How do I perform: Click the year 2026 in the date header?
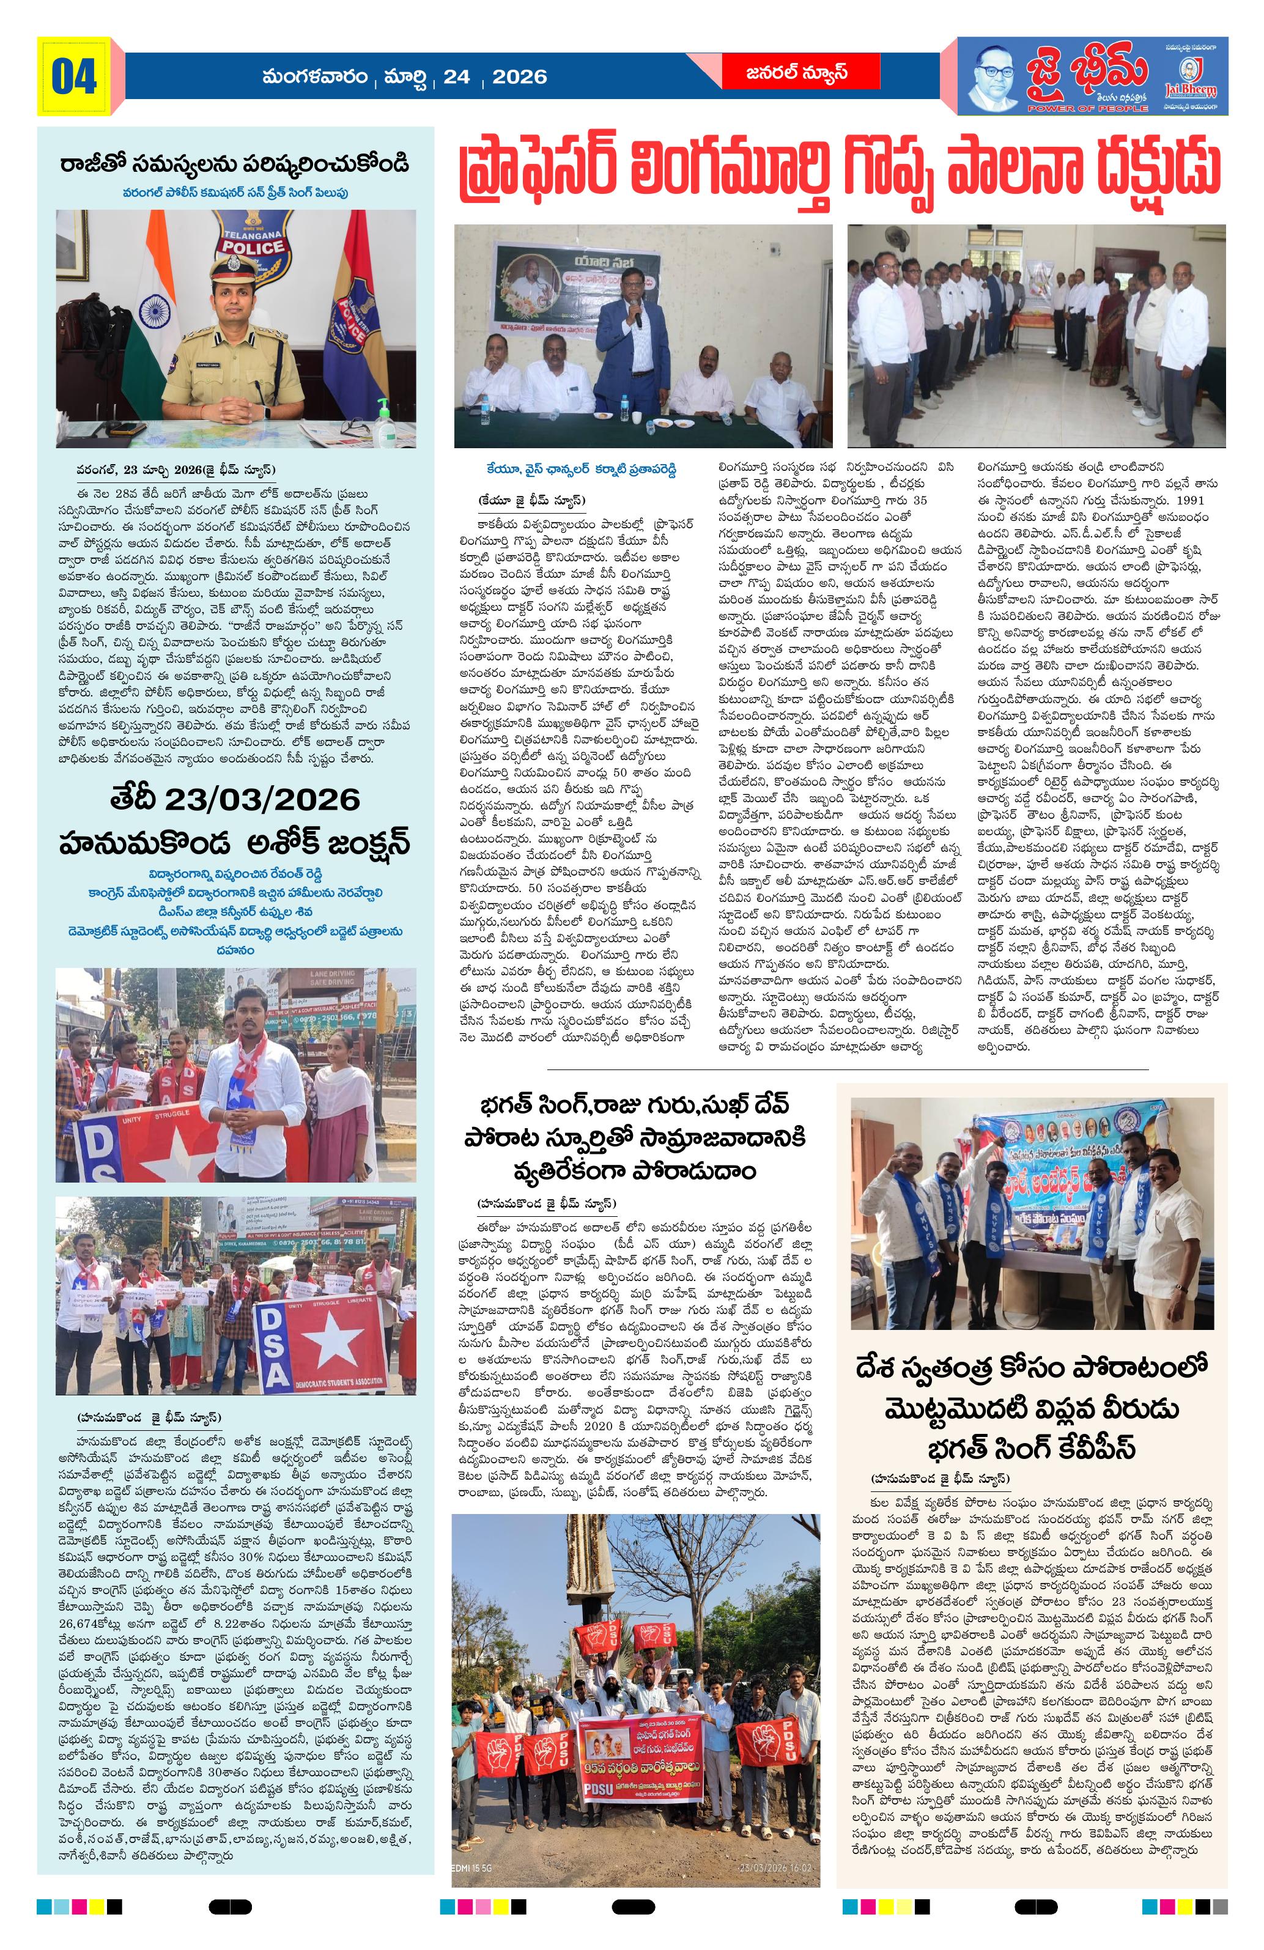[519, 76]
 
